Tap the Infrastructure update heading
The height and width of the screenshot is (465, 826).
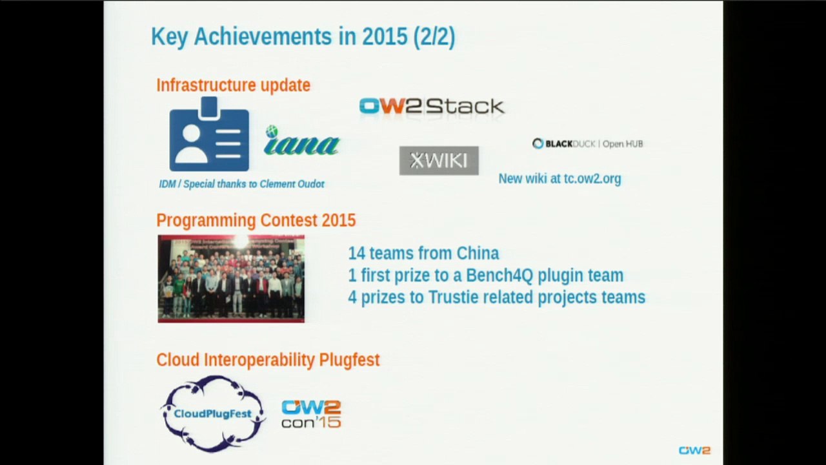(233, 85)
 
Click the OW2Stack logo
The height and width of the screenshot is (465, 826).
(431, 107)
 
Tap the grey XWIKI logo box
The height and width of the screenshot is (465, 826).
(439, 160)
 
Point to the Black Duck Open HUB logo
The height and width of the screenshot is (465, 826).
(587, 143)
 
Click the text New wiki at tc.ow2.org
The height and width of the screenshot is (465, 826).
(559, 179)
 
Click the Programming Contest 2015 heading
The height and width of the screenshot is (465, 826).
(256, 220)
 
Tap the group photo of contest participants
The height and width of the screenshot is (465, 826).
(231, 278)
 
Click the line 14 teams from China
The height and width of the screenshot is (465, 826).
(423, 253)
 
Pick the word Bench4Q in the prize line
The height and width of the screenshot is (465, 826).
(499, 276)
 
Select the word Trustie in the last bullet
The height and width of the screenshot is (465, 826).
(455, 298)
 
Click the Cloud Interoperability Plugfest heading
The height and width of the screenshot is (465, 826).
(268, 360)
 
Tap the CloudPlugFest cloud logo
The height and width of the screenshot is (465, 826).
(212, 413)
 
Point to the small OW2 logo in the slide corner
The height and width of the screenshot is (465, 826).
(694, 450)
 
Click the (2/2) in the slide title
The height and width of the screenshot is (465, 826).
(434, 37)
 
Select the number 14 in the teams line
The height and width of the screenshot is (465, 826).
(356, 253)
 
